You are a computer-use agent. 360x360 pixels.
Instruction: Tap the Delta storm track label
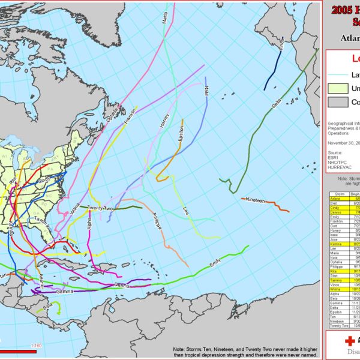(x=277, y=104)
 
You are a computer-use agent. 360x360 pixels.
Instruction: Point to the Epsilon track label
(x=181, y=134)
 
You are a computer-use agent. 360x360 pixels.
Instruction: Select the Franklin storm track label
(x=130, y=116)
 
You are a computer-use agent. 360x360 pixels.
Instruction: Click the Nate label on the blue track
(x=206, y=90)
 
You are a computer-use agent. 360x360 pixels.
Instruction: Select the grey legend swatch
(x=337, y=102)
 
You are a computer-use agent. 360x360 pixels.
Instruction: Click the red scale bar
(x=18, y=352)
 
